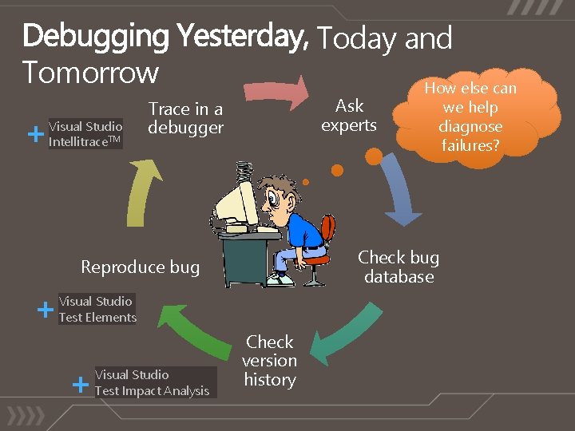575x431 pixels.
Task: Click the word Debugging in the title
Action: pos(96,36)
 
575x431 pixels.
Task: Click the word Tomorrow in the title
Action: pos(91,72)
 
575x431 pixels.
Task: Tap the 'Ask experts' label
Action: pos(349,116)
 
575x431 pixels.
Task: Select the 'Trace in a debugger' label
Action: pos(185,118)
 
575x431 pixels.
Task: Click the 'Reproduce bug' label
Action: pos(141,267)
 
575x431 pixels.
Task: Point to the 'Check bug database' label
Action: pos(399,267)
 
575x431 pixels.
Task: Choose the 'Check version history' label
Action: pos(270,361)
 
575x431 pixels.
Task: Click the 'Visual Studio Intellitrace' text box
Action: pos(85,134)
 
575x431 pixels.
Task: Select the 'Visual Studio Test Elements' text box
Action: pos(97,309)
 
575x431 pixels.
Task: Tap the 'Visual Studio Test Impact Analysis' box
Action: pos(153,382)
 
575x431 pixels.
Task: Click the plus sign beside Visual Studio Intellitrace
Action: pos(35,134)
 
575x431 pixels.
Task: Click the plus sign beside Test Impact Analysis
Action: pos(80,385)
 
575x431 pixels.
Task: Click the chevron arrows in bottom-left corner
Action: pos(27,417)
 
